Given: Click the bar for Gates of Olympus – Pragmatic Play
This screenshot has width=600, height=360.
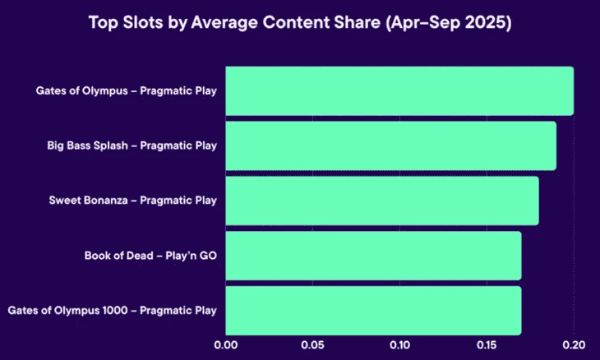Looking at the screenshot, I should click(x=399, y=90).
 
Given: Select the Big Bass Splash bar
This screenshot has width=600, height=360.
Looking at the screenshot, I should click(x=390, y=145).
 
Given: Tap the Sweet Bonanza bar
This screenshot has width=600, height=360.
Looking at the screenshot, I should click(x=381, y=201).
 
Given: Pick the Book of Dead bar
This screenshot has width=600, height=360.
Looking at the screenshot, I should click(x=373, y=256).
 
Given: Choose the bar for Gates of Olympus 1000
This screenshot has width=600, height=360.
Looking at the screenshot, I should click(x=373, y=310).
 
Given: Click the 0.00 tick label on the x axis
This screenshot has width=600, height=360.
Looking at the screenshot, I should click(x=225, y=345).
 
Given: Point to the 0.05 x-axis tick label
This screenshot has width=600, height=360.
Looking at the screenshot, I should click(x=312, y=345).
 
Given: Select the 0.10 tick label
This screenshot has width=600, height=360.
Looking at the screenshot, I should click(x=399, y=345).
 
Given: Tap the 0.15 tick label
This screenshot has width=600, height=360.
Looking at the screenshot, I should click(x=487, y=345).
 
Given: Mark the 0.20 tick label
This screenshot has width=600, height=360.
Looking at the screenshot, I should click(x=573, y=345).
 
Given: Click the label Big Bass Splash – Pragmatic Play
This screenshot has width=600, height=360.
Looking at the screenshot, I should click(x=132, y=145).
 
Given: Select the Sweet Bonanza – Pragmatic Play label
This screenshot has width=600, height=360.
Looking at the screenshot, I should click(x=132, y=201).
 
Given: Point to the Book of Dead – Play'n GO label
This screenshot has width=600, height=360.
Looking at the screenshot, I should click(x=150, y=256).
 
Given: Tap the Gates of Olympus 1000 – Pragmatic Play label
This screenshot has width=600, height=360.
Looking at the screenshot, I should click(x=112, y=311).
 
